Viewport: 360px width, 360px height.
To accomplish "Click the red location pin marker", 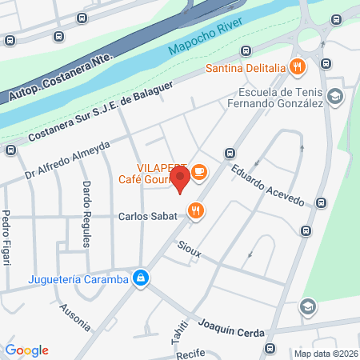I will (x=181, y=178).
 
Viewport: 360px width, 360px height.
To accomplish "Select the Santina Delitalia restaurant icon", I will (x=297, y=66).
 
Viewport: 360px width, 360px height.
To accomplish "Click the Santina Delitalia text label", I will (x=245, y=66).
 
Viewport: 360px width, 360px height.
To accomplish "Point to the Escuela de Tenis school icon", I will (x=334, y=97).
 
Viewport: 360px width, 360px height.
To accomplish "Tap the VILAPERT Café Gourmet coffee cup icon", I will (x=198, y=171).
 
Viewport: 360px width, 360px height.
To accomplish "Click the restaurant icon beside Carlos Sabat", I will (x=194, y=211).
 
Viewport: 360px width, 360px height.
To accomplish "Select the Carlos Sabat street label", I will (x=147, y=216).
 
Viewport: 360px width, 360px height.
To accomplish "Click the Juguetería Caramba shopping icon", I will (x=141, y=278).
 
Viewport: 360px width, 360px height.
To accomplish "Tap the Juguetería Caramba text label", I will (x=78, y=279).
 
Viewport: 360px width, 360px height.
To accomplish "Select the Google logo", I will (x=27, y=350).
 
